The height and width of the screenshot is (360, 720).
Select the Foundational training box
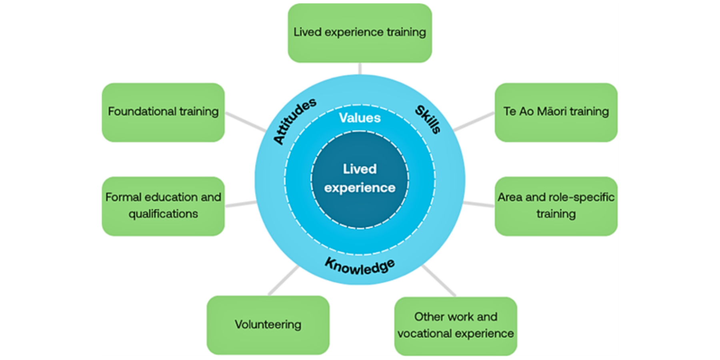coord(163,112)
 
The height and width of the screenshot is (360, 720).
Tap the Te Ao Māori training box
coord(556,112)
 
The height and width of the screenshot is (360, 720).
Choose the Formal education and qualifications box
coord(163,206)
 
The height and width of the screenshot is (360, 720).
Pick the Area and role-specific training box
coord(556,206)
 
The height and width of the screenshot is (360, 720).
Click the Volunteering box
coord(268,325)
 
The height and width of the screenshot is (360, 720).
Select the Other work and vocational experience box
coord(456,326)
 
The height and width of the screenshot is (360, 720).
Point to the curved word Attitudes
coord(295,120)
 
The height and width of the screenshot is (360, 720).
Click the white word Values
coord(360,118)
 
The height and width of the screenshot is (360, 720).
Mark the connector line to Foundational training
coord(245,122)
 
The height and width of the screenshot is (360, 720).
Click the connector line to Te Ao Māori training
coord(474,122)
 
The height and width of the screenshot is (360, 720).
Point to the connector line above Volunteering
coord(284,280)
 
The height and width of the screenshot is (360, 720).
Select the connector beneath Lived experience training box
coord(360,68)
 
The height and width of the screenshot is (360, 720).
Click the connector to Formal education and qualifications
coord(240,204)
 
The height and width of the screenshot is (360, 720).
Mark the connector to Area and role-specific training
coord(479,204)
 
